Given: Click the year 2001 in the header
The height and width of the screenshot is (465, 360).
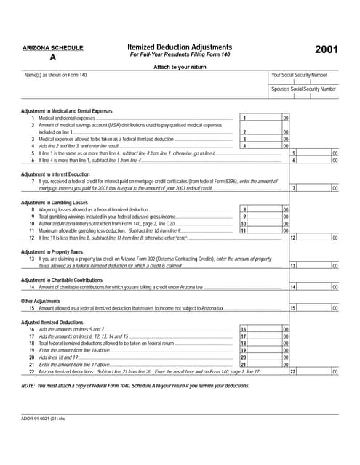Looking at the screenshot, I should [326, 49].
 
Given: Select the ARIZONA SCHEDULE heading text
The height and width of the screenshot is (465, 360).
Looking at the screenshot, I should [52, 48].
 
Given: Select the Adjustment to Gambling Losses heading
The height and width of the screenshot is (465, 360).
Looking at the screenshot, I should [55, 201].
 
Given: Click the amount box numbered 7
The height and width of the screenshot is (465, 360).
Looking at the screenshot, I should [314, 188].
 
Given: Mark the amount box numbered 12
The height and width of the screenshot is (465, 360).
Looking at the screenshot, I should [314, 238].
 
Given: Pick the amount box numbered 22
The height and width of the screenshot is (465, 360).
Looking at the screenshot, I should [314, 371].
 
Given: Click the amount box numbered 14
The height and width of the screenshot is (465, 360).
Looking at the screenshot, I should [314, 287].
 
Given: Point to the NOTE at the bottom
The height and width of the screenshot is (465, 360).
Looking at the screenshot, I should [135, 385].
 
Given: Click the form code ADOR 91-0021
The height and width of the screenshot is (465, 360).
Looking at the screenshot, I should [44, 419].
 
